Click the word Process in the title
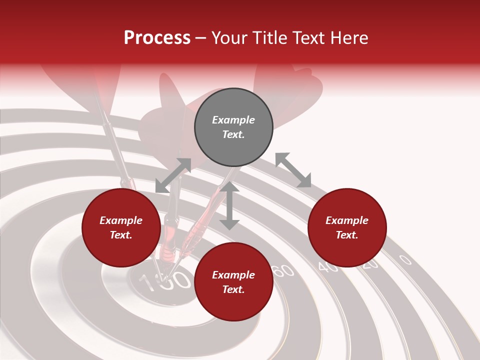[157, 38]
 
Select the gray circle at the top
[233, 127]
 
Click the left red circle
[121, 227]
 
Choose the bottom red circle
[233, 282]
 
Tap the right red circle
[347, 227]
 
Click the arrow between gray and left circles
[173, 175]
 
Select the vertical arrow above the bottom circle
[229, 205]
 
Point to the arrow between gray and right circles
[293, 170]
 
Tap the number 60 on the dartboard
[284, 271]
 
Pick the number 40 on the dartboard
[328, 267]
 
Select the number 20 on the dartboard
[370, 264]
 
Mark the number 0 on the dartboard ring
[405, 259]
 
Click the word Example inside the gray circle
[233, 120]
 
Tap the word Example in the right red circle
[347, 220]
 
